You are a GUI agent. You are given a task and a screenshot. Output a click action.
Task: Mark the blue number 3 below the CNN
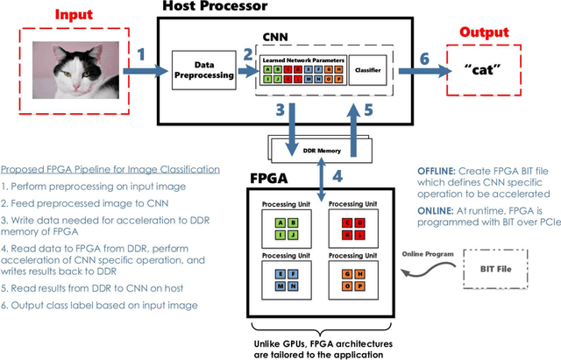pyautogui.click(x=279, y=111)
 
